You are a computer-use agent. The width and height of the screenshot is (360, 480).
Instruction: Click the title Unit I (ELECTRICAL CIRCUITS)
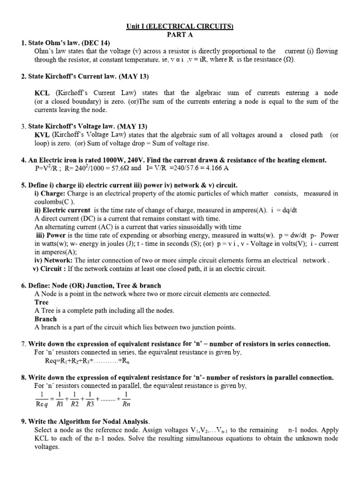pos(180,27)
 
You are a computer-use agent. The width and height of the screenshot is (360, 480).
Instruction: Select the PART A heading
pos(180,35)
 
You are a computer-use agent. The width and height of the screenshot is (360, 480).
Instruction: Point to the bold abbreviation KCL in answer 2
pos(42,93)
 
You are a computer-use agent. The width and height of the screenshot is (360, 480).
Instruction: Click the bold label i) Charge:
pos(50,193)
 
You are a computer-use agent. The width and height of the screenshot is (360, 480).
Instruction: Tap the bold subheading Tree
pos(42,302)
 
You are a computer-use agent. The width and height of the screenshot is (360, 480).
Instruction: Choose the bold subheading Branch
pos(45,319)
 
